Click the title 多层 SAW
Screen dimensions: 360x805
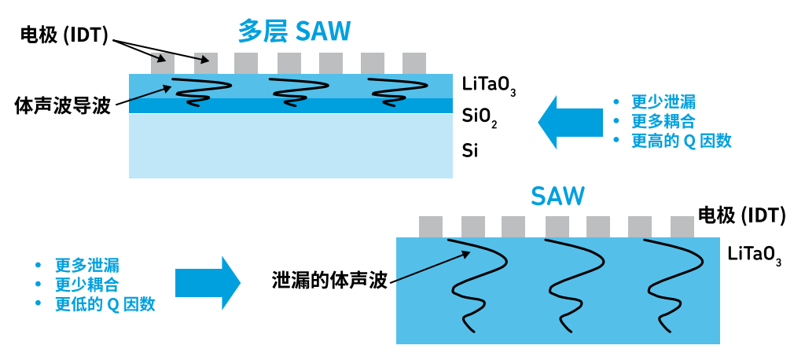point(294,31)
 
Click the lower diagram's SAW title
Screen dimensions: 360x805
point(557,196)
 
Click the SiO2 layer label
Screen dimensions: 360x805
point(480,117)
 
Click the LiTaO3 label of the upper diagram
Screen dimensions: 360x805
point(488,84)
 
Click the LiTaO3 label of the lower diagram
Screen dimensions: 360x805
point(754,255)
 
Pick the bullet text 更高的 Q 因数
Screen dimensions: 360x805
point(682,141)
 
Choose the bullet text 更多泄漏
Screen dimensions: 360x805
point(87,265)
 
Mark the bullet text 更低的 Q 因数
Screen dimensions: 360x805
point(105,304)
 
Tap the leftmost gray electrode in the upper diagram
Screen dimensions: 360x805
point(163,63)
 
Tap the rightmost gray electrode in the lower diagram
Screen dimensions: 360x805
point(682,226)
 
